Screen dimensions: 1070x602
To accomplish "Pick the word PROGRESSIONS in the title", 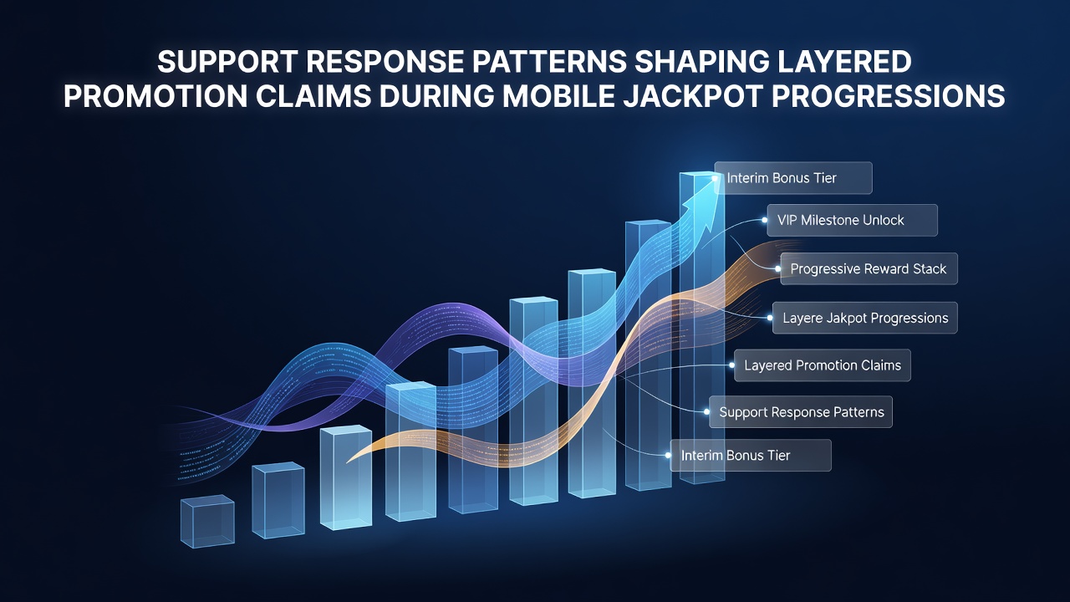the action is (889, 96).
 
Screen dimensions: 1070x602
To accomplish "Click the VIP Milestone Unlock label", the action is (852, 220).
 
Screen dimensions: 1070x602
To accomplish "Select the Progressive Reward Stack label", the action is (869, 269).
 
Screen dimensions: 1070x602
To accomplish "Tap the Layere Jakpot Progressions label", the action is (865, 318).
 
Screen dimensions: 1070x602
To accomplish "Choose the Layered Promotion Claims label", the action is (823, 365).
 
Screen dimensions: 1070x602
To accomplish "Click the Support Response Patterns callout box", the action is (801, 412).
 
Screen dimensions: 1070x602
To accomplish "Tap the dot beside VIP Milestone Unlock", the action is (765, 220).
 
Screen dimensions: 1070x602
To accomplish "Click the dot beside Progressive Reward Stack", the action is (778, 269).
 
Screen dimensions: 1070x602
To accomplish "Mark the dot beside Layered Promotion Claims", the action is (731, 365).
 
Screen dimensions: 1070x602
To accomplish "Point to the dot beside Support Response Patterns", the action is (706, 412).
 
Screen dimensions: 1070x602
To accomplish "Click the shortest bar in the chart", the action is (207, 521).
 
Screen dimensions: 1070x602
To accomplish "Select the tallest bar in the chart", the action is (702, 327).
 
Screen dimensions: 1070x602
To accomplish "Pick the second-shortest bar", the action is (278, 500).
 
